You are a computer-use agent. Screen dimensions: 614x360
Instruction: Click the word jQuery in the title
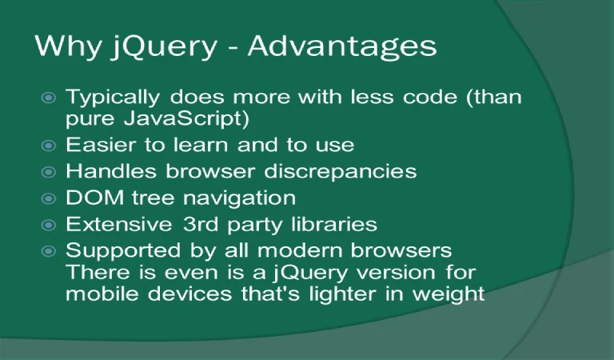(164, 46)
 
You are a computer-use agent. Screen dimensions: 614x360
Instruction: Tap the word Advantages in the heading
(342, 46)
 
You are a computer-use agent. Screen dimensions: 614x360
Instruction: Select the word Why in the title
(68, 46)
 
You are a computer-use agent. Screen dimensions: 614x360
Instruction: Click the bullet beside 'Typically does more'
(49, 97)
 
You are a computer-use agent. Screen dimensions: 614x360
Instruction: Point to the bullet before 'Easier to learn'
(49, 146)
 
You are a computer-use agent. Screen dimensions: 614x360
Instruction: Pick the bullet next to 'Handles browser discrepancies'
(49, 172)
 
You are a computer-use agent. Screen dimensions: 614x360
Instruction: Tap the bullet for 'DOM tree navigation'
(49, 198)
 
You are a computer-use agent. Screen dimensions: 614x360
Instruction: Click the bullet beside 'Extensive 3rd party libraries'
(49, 225)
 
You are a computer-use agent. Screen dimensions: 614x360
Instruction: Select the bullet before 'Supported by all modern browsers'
(49, 251)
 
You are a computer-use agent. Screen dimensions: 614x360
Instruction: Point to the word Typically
(113, 98)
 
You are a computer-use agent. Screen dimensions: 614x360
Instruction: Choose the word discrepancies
(341, 172)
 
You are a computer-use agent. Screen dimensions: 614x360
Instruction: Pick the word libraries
(334, 224)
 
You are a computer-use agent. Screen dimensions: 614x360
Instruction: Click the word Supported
(123, 251)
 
